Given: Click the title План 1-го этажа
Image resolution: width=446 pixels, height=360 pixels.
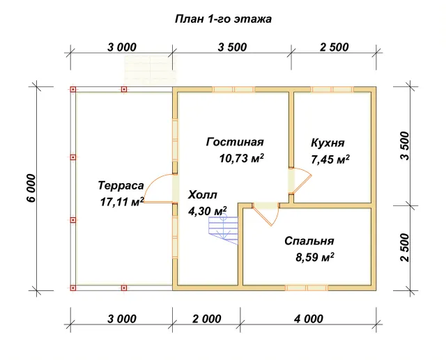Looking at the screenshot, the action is click(x=223, y=19).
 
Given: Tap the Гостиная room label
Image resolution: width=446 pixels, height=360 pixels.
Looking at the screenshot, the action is click(x=235, y=142).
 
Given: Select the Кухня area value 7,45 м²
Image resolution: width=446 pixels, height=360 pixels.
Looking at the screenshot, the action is click(x=330, y=159).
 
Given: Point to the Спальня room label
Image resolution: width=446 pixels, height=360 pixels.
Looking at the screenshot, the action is click(x=309, y=241).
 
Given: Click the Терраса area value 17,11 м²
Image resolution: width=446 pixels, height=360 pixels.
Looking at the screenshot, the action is click(x=122, y=202).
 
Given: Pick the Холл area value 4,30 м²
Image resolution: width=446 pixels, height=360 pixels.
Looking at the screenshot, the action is click(x=208, y=211).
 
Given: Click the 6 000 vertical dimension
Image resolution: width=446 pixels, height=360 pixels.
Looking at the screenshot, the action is click(x=31, y=188).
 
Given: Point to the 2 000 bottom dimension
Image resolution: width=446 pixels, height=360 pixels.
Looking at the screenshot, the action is click(x=207, y=319).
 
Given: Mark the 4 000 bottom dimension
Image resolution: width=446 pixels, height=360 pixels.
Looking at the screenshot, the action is click(x=309, y=319).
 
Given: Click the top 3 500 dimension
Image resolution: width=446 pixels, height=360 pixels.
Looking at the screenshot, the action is click(x=232, y=47).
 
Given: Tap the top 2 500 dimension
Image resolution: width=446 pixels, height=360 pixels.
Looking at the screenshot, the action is click(x=334, y=47).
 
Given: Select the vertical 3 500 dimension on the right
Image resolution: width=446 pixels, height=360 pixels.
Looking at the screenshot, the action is click(x=404, y=146).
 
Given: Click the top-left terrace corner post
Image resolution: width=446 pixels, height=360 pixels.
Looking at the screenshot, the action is click(x=73, y=89).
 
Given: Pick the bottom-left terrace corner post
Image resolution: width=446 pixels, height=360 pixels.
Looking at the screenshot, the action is click(x=73, y=288).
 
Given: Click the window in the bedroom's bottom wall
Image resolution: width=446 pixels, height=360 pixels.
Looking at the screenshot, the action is click(x=307, y=288).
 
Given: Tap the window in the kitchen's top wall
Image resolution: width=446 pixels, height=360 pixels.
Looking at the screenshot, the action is click(x=332, y=89).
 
